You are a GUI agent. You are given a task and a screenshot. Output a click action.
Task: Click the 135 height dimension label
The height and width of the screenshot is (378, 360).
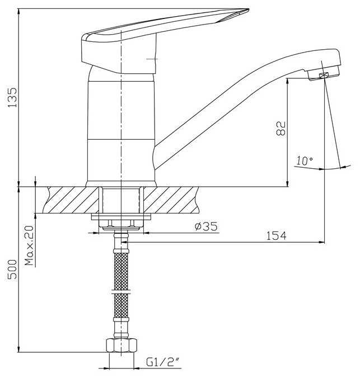tap(12, 97)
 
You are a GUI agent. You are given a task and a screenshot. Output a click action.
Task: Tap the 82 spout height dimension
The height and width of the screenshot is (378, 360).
tap(281, 129)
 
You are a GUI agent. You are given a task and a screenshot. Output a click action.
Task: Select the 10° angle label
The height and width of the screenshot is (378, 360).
tap(305, 161)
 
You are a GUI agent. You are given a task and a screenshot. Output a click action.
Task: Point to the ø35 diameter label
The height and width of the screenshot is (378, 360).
tap(206, 226)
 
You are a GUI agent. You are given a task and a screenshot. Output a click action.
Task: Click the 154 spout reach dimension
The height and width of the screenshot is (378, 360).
tap(276, 235)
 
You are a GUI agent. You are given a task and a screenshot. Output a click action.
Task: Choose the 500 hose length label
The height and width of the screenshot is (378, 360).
tap(12, 270)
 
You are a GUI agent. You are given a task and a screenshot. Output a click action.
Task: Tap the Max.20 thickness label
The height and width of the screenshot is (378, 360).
tap(30, 245)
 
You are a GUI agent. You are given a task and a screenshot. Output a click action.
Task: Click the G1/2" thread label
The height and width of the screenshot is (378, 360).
tap(163, 362)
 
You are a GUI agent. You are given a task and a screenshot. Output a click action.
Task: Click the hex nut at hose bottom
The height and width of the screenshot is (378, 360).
tap(121, 345)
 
